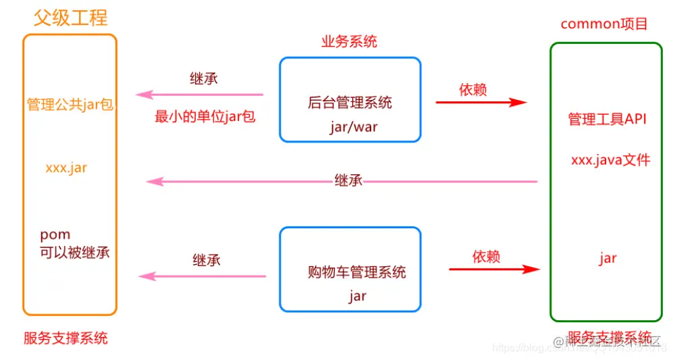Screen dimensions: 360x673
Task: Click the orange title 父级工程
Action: click(70, 17)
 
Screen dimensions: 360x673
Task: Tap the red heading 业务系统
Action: click(349, 42)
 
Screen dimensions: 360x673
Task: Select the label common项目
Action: click(604, 24)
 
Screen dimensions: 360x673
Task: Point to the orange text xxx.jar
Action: click(66, 168)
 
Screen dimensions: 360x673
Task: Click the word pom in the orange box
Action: click(55, 235)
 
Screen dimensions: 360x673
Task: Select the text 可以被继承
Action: click(74, 252)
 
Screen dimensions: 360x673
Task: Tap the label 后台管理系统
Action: click(350, 103)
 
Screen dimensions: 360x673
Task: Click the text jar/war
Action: click(350, 127)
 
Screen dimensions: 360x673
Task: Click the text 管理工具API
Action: click(607, 120)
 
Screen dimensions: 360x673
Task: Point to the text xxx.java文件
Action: click(610, 160)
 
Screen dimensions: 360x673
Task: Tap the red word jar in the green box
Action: click(608, 258)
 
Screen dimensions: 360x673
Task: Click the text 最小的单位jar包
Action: click(205, 117)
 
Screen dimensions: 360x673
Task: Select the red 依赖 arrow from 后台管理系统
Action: click(481, 103)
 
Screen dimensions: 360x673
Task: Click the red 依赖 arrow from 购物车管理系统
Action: click(494, 269)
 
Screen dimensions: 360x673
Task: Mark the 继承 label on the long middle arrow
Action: click(348, 180)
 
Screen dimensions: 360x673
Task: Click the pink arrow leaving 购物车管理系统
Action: click(203, 276)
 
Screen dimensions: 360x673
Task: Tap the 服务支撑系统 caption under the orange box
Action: click(65, 338)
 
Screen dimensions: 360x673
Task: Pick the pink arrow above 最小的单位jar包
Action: click(199, 95)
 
